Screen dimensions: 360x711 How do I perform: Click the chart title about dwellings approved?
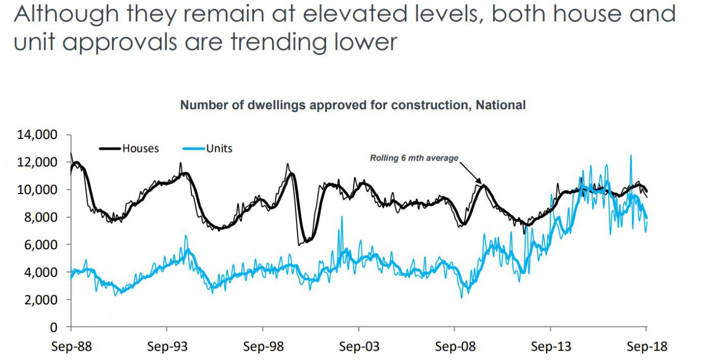353,105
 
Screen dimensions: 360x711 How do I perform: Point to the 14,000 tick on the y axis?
37,135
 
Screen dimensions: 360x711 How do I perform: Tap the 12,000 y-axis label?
37,162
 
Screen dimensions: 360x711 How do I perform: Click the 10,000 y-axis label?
37,190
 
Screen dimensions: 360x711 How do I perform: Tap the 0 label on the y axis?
54,328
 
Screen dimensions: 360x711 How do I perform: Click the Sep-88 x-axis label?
71,346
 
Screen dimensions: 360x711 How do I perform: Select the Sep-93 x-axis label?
166,346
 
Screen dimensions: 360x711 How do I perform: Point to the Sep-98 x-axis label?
263,346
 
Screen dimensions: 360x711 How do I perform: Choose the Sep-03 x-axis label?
358,346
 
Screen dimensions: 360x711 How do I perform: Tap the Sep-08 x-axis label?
455,346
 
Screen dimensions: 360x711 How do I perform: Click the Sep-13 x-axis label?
550,346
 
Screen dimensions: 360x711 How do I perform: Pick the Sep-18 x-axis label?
646,346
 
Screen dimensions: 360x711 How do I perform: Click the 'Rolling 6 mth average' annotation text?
414,158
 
